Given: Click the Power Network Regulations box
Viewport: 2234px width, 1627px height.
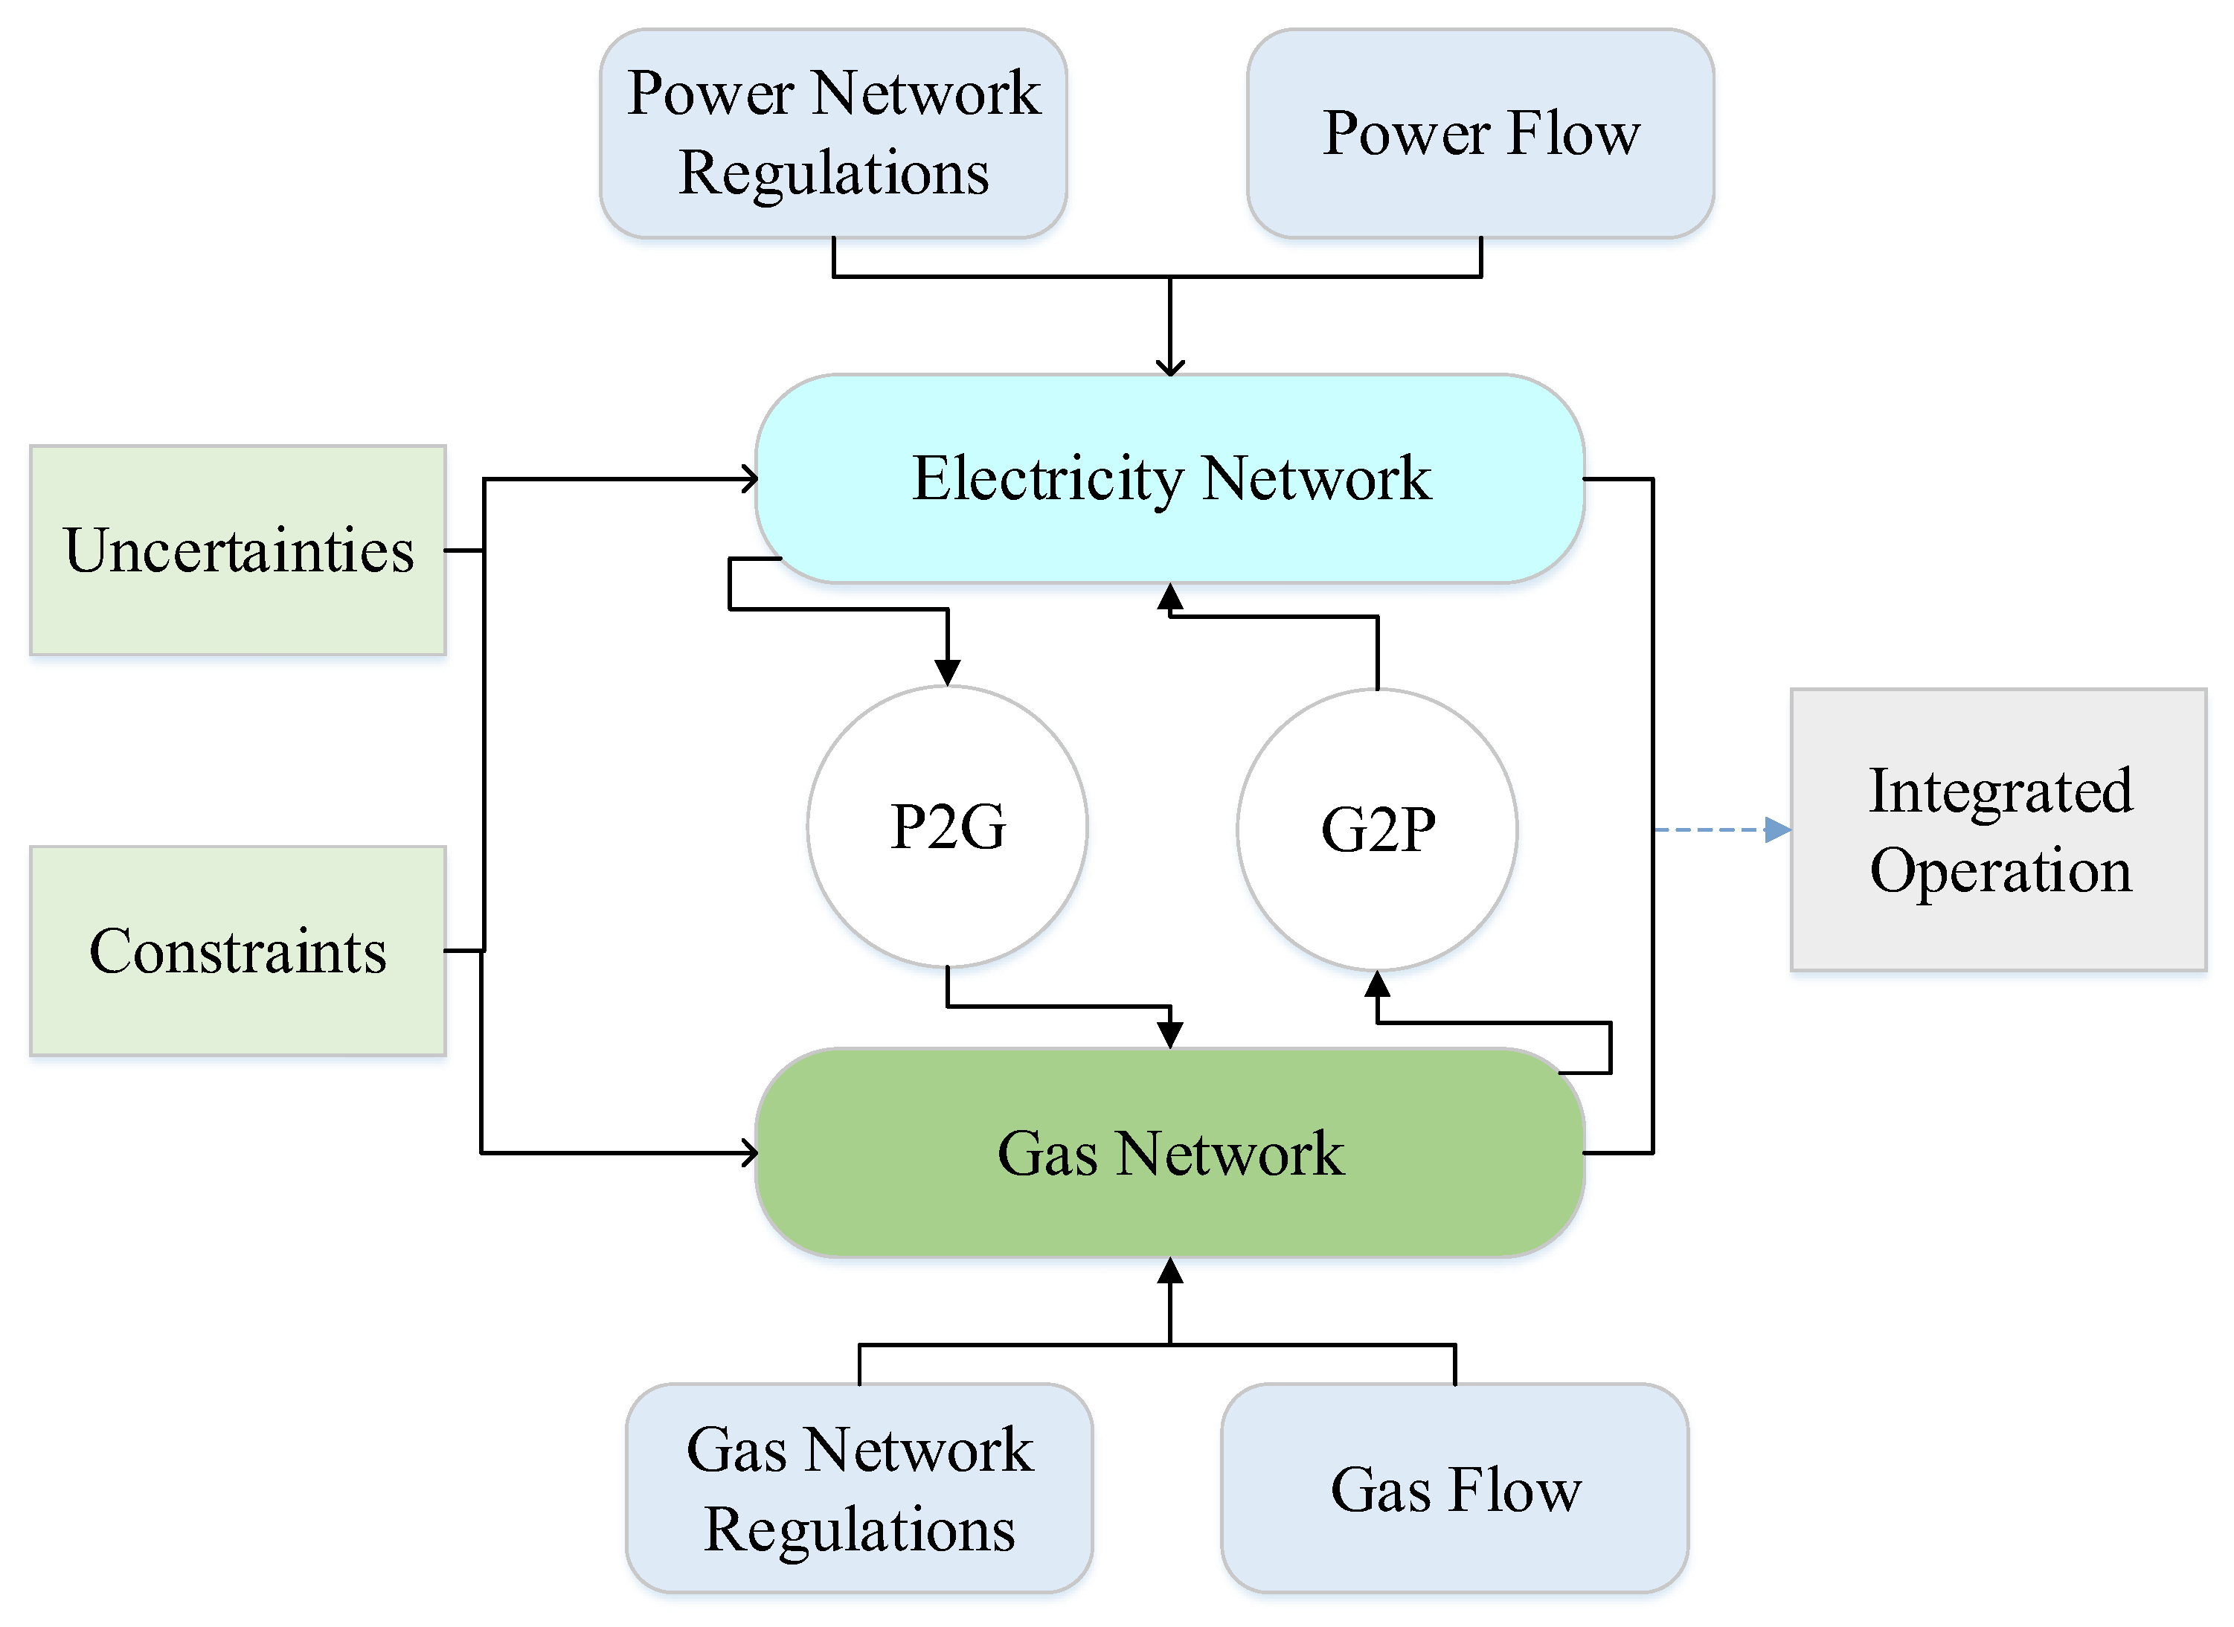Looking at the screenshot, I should click(x=833, y=133).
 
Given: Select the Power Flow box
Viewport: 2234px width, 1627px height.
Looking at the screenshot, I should click(x=1480, y=133).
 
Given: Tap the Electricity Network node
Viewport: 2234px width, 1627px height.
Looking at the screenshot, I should click(x=1169, y=478).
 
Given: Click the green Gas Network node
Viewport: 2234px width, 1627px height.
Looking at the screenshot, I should click(x=1169, y=1152).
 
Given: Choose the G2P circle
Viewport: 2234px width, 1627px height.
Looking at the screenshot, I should click(x=1376, y=829).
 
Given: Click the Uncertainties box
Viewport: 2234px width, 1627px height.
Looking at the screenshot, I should click(x=237, y=550).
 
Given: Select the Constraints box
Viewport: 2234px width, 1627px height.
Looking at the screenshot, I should click(x=237, y=951).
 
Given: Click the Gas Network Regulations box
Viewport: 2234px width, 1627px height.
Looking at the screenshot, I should click(x=859, y=1487).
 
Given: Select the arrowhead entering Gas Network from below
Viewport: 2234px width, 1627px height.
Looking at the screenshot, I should click(x=1169, y=1271).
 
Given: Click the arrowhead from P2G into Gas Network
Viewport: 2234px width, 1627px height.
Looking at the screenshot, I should click(x=1169, y=1034).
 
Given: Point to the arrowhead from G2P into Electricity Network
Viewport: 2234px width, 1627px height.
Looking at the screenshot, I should click(x=1169, y=596).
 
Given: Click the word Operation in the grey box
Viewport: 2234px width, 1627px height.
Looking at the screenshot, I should click(x=2000, y=870).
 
